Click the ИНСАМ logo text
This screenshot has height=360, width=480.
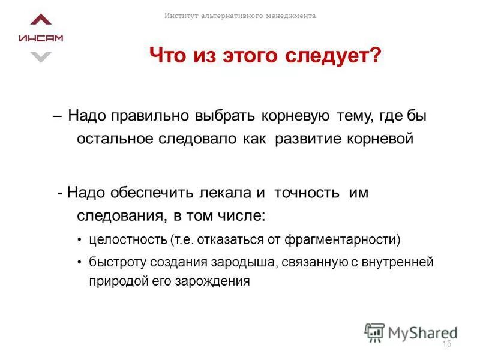pos(41,38)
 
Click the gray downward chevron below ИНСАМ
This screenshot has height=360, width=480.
pos(41,57)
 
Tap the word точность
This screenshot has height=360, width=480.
pos(306,193)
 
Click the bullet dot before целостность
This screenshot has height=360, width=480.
pos(80,241)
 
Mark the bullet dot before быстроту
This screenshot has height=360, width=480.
pos(80,263)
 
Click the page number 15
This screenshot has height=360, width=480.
pos(446,344)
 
